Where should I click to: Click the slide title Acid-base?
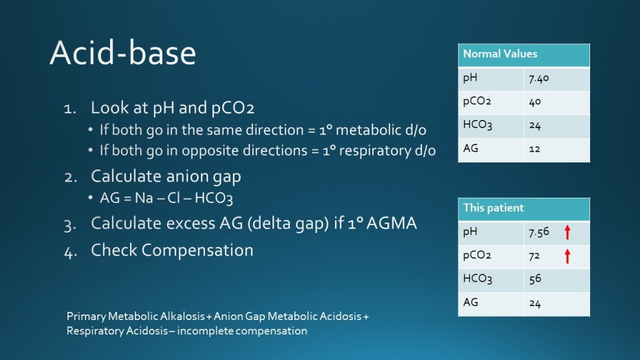point(122,52)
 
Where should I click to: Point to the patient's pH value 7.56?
point(539,232)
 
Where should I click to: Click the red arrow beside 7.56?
point(567,232)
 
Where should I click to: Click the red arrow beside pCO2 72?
point(567,256)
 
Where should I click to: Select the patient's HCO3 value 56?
point(535,279)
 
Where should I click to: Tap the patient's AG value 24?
point(535,303)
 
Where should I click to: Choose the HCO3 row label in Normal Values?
point(477,124)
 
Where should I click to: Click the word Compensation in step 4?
point(197,251)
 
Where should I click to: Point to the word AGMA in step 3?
point(391,223)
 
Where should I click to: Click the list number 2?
point(71,177)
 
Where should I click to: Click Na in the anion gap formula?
point(144,198)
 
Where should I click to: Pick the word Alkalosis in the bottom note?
point(182,316)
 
